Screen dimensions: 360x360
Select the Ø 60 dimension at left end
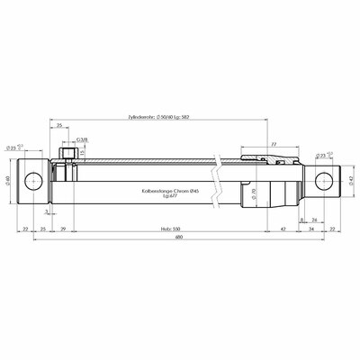(8, 181)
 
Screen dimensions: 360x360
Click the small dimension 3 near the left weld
(46, 212)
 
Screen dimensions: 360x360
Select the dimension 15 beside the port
(81, 154)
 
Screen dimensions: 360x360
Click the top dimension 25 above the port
(58, 128)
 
